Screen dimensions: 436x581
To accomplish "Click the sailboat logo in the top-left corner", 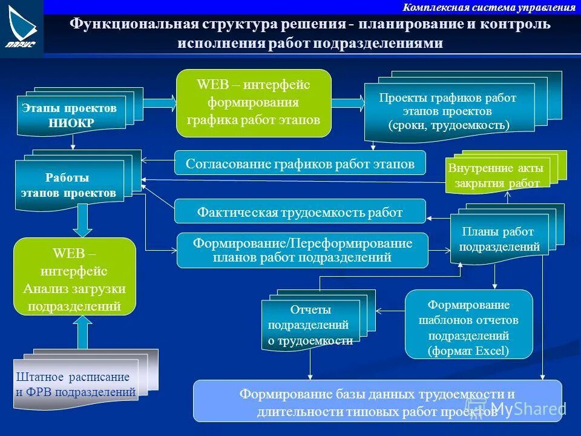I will (21, 27).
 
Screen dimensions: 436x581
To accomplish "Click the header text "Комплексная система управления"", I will (489, 7).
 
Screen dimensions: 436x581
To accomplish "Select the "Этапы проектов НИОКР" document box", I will (70, 115).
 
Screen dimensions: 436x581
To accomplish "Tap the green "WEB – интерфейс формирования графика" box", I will (254, 102).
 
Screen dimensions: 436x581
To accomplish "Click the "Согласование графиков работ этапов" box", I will (300, 163).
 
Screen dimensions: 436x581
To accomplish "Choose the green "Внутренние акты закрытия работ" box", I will (496, 176).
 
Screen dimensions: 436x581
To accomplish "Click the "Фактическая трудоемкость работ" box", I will (300, 211).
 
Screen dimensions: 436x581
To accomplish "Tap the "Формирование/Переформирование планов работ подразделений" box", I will (302, 250).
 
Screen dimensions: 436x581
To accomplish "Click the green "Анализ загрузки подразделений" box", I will (74, 276).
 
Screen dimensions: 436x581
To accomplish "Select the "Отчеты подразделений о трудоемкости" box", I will (310, 325).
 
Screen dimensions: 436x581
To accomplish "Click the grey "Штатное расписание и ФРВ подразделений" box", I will (76, 384).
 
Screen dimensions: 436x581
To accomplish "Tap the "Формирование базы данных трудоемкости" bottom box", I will (377, 401).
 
